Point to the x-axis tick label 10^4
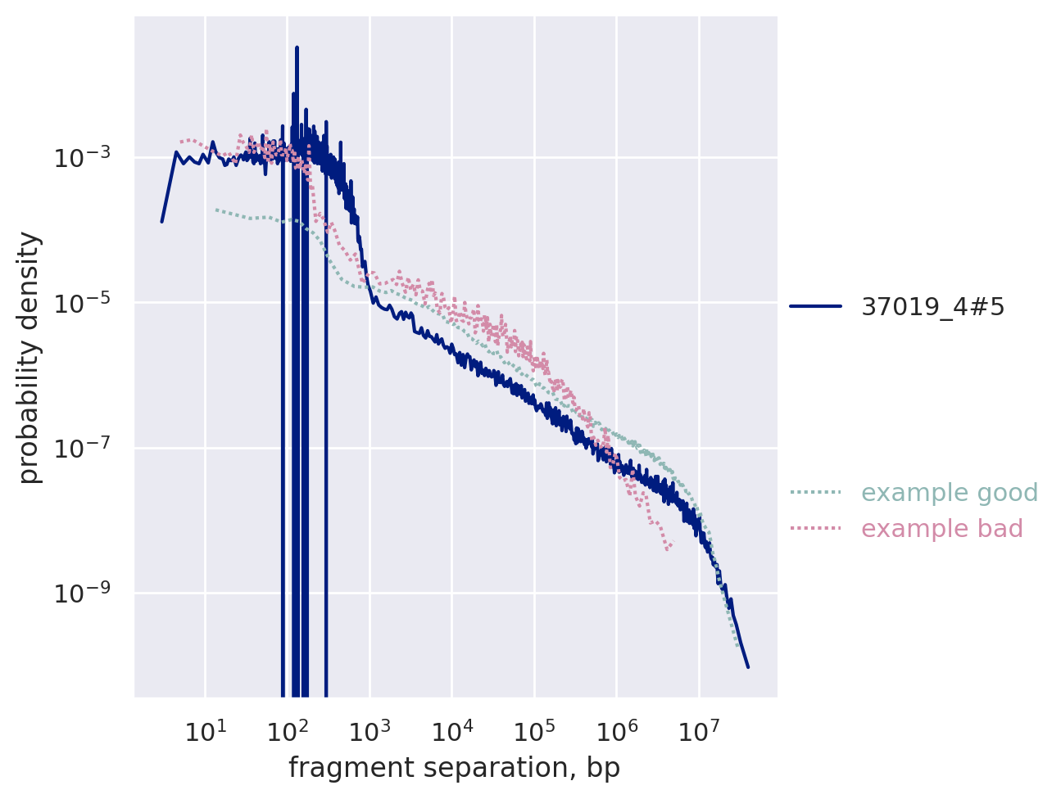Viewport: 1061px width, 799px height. [x=452, y=731]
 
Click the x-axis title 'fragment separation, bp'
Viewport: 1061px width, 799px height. [x=454, y=768]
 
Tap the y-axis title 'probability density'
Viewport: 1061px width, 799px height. [x=29, y=358]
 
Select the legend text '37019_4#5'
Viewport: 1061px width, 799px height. [x=932, y=306]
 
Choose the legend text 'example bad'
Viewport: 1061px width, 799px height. [x=942, y=529]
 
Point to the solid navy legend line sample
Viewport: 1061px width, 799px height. [x=815, y=306]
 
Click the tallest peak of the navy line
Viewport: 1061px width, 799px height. [x=297, y=47]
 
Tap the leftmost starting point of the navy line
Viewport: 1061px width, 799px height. [x=161, y=221]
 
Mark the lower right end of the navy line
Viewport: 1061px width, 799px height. [x=748, y=667]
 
